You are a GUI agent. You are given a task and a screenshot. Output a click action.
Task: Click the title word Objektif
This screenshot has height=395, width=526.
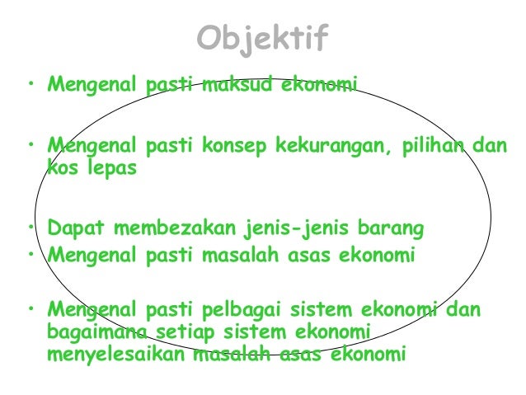click(x=263, y=37)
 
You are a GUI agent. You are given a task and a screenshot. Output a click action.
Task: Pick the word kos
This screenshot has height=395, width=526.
click(x=61, y=168)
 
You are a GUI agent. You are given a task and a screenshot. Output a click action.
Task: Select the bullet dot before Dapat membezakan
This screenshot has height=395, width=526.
click(x=30, y=224)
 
